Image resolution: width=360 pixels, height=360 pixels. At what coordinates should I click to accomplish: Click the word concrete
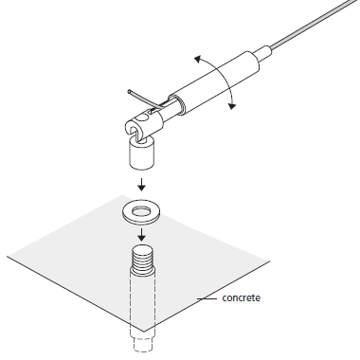[242, 297]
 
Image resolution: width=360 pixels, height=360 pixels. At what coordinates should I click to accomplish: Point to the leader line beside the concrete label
[207, 298]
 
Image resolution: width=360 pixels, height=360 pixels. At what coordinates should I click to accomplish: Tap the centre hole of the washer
[141, 210]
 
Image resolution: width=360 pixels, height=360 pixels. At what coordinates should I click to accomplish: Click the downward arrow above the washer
[141, 185]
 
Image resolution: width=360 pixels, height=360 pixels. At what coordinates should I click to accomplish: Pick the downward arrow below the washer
[141, 235]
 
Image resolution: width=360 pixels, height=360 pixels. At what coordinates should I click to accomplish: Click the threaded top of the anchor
[142, 258]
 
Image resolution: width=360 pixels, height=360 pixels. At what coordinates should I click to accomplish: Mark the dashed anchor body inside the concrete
[142, 303]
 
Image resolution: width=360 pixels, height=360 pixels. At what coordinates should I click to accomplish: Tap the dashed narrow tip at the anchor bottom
[142, 344]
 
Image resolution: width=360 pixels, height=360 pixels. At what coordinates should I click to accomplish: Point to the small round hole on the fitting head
[143, 117]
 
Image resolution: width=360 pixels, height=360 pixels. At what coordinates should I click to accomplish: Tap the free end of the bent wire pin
[130, 92]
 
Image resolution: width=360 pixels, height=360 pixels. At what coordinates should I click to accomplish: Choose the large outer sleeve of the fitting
[215, 82]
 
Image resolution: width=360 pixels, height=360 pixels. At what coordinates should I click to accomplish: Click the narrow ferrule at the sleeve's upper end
[264, 53]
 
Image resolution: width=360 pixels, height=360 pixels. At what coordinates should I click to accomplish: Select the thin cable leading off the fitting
[315, 22]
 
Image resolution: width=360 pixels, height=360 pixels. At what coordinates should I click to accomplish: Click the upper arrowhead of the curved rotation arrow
[198, 59]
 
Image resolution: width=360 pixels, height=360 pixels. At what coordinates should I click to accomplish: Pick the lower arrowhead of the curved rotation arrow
[232, 105]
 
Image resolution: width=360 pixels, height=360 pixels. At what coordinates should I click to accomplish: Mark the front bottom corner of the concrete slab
[145, 332]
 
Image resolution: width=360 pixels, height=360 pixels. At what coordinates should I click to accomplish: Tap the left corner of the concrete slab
[7, 256]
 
